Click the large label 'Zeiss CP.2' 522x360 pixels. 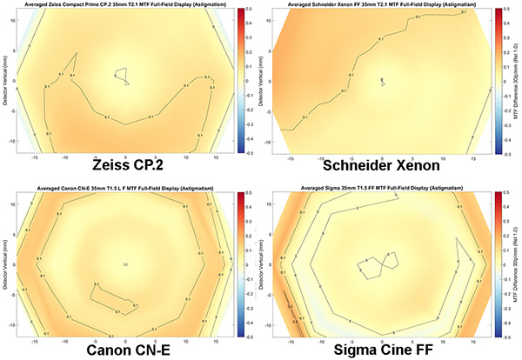125,165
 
